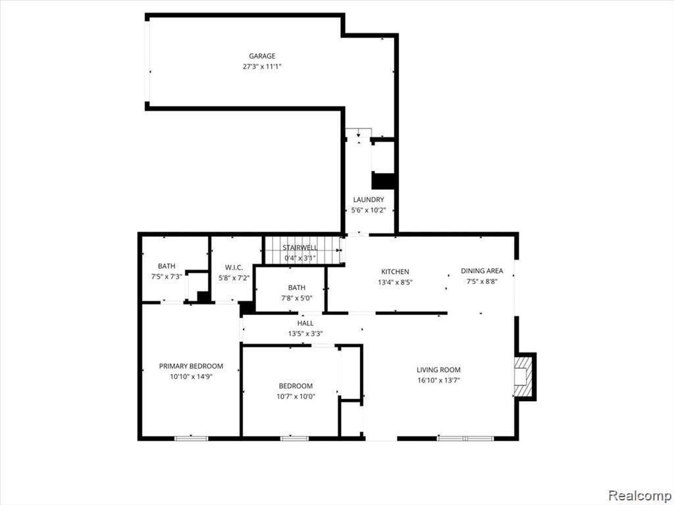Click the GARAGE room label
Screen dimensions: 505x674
(262, 56)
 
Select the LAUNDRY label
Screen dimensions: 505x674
(368, 200)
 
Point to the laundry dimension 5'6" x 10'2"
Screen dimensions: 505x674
(368, 210)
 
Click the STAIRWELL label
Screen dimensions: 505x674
(300, 247)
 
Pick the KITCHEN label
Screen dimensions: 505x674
(395, 272)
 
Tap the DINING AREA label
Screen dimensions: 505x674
(482, 270)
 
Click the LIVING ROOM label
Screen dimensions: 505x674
(438, 370)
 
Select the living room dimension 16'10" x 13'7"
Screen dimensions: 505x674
(438, 380)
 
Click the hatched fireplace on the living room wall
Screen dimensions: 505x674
(523, 376)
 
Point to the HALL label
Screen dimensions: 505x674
(305, 324)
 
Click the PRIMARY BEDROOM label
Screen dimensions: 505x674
(191, 366)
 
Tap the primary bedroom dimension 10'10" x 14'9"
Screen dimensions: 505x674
(191, 377)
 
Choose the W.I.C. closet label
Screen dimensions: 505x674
(234, 267)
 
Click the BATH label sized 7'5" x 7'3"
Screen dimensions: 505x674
(167, 266)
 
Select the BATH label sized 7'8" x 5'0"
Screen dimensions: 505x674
(296, 287)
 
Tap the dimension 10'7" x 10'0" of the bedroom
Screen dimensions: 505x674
(296, 397)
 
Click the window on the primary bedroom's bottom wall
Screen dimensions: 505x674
(192, 438)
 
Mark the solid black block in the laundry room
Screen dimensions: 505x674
(383, 181)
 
